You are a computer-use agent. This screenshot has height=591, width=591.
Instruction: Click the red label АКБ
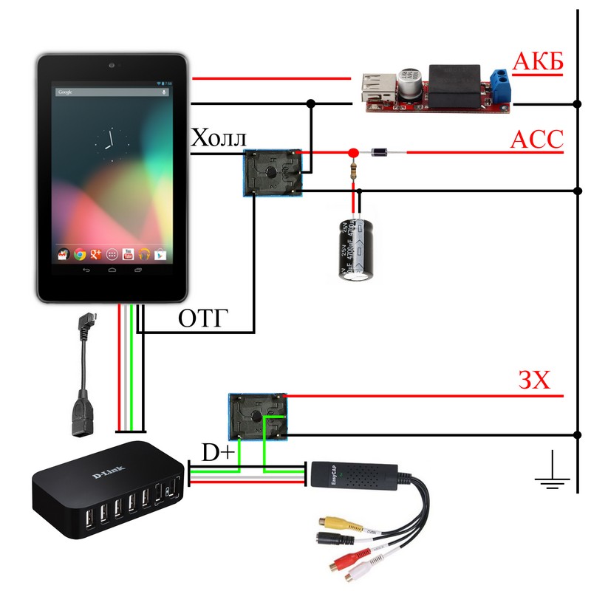pos(537,63)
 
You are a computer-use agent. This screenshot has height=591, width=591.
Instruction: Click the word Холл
pos(219,138)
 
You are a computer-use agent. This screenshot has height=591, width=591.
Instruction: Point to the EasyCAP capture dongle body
pos(355,478)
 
